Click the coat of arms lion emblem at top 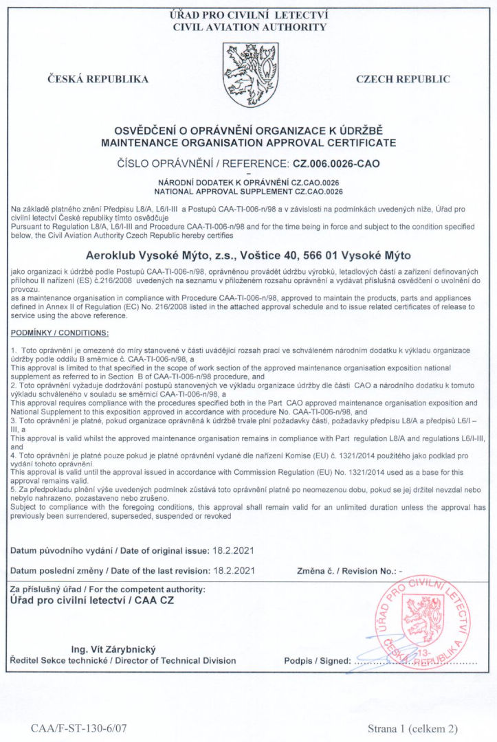click(249, 76)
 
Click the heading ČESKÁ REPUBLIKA click(98, 79)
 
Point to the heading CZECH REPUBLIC click(403, 79)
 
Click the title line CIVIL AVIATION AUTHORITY click(249, 27)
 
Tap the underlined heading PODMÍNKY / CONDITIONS click(60, 333)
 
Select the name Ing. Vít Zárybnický click(114, 649)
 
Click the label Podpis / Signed click(316, 661)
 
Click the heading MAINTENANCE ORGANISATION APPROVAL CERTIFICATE click(248, 143)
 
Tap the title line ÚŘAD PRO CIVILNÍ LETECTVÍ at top click(249, 15)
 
